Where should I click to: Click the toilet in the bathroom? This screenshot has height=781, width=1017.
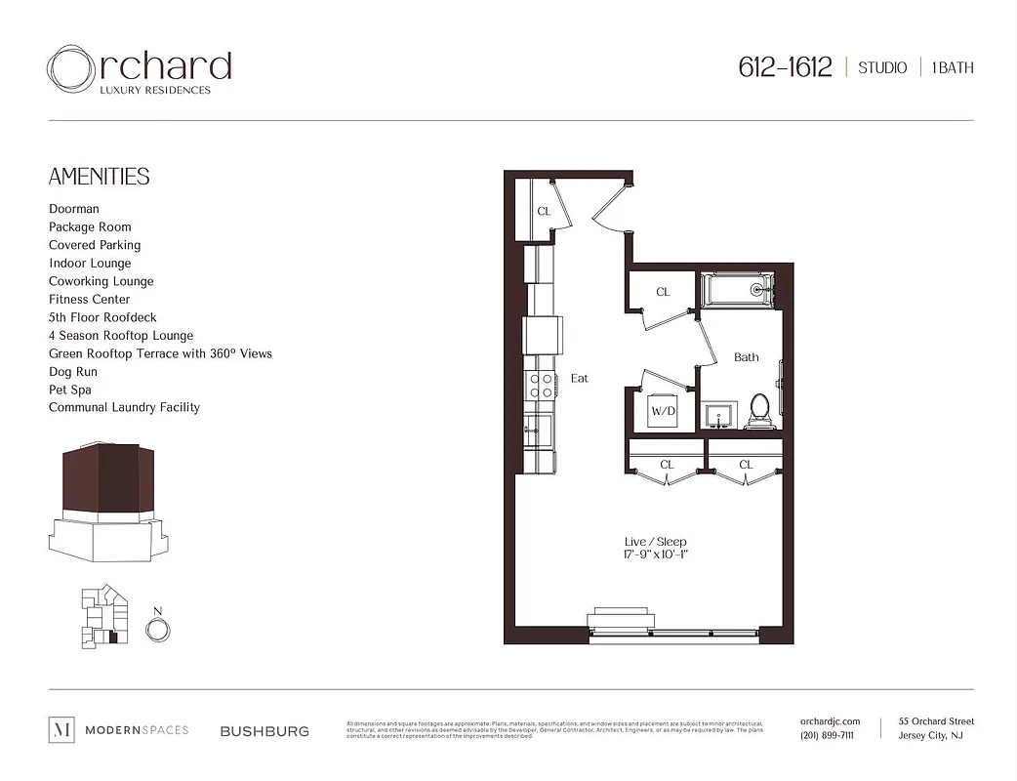(758, 411)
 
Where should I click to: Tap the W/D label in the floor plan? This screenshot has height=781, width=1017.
(663, 411)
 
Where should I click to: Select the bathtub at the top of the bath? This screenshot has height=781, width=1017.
(737, 289)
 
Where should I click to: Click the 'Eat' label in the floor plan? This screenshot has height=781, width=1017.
(580, 378)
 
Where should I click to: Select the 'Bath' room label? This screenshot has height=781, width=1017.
(746, 357)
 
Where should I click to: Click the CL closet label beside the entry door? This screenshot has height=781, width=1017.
(544, 211)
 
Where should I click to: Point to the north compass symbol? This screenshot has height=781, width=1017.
(156, 630)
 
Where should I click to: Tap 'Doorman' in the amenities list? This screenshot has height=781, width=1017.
(74, 209)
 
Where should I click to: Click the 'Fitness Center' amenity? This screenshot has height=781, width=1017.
(89, 300)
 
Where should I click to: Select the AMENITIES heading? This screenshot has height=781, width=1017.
(99, 177)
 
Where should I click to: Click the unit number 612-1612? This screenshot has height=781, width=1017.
(785, 67)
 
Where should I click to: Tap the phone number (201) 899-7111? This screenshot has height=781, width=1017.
(827, 736)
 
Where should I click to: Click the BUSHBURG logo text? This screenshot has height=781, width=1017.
(264, 730)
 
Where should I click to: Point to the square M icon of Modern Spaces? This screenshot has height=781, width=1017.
(61, 729)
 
